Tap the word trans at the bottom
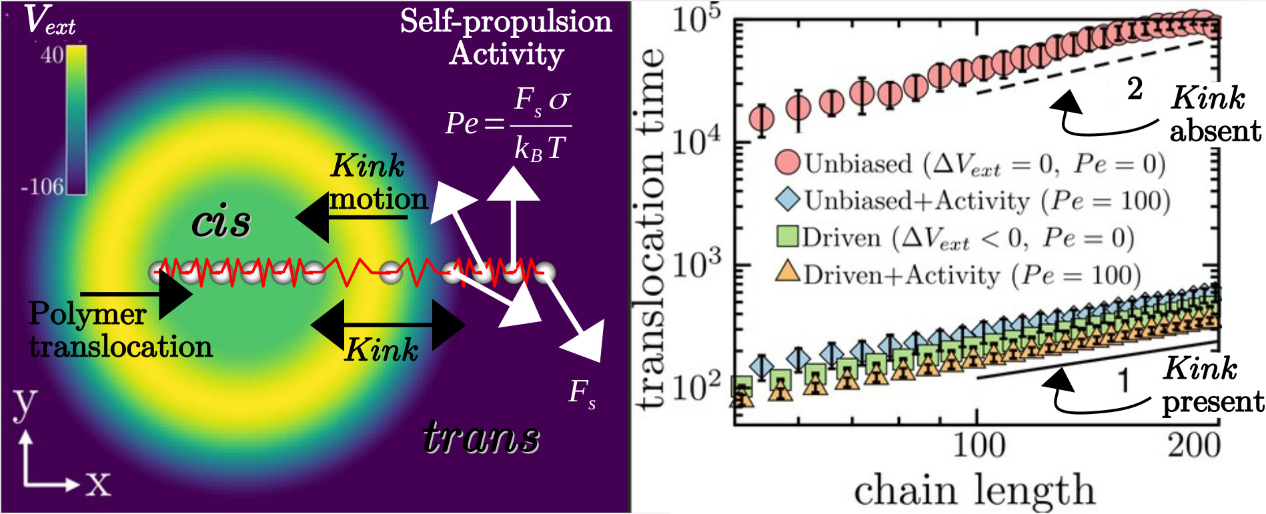click(481, 437)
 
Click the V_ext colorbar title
click(51, 21)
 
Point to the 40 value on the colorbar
click(52, 55)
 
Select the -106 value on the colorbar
click(42, 187)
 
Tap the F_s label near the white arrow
click(582, 393)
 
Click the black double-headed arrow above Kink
click(388, 325)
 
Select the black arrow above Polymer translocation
click(136, 293)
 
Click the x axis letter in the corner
click(98, 483)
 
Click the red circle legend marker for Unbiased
click(788, 163)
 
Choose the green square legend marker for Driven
click(788, 237)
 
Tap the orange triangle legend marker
click(788, 273)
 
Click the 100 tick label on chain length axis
click(978, 445)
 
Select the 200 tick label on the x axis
click(1194, 445)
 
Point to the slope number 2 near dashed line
click(1135, 89)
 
